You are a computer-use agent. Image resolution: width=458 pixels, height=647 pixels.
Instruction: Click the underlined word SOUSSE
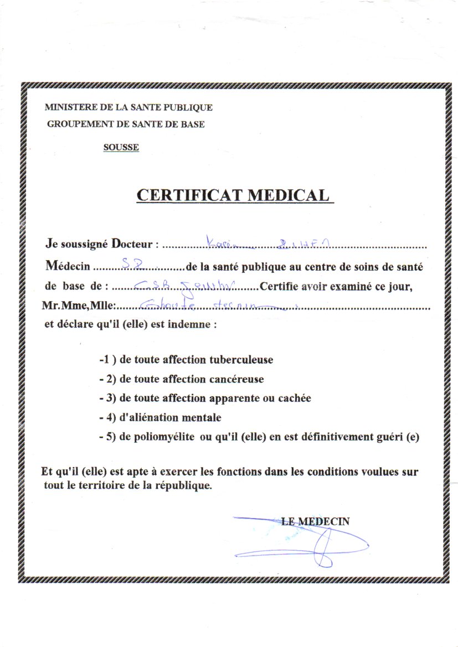click(x=121, y=147)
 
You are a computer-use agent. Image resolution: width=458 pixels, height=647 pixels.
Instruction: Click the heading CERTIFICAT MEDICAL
click(x=233, y=195)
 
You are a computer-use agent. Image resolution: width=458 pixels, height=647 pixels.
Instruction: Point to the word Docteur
click(x=133, y=244)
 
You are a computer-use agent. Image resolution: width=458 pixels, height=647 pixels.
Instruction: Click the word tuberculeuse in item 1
click(x=241, y=360)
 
